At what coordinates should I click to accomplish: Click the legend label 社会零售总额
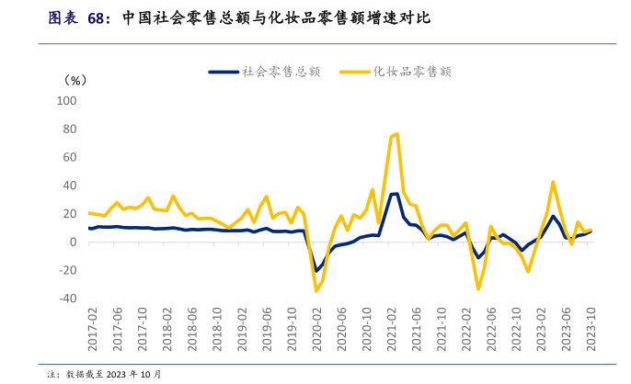281,71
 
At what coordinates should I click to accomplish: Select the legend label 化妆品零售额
412,71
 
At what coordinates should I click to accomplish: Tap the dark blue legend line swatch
224,71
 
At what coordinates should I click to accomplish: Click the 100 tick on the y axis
69,100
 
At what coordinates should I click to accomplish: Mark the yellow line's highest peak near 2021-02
396,134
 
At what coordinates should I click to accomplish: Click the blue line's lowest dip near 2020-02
316,271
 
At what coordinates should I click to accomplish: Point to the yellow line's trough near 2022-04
478,289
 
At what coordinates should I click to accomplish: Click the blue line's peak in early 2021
396,194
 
